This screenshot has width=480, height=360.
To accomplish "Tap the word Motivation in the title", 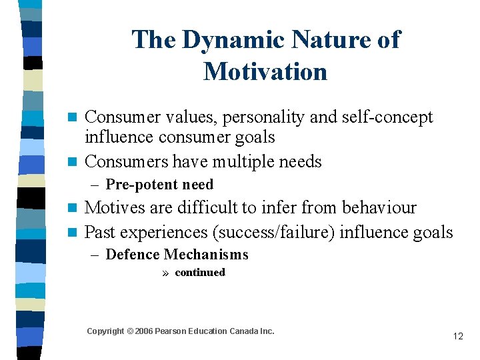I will pyautogui.click(x=265, y=71).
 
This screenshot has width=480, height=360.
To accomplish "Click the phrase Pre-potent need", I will pyautogui.click(x=159, y=185).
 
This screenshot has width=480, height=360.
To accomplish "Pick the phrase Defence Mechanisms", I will pyautogui.click(x=177, y=255).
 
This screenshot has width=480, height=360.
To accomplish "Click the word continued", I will pyautogui.click(x=200, y=272).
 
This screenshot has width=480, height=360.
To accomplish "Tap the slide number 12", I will pyautogui.click(x=457, y=336).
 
